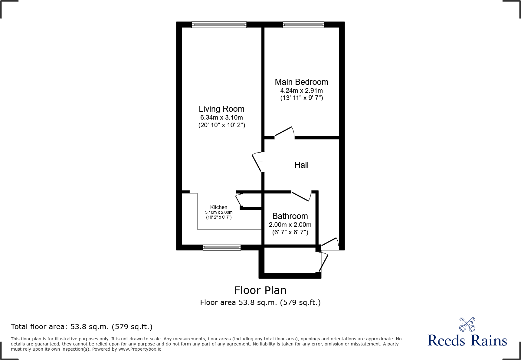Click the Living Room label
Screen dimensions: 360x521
[x=221, y=109]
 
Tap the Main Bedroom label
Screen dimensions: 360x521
[x=301, y=82]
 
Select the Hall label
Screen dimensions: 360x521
[x=301, y=165]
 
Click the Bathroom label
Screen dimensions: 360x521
[x=290, y=216]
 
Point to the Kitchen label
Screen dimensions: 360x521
[x=218, y=207]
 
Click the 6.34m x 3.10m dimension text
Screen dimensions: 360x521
[x=221, y=117]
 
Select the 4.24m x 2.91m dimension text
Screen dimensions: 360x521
[x=301, y=91]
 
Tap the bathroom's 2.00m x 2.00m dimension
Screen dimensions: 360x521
[x=290, y=225]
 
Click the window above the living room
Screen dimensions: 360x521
[x=219, y=25]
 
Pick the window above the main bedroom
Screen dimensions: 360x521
[x=303, y=25]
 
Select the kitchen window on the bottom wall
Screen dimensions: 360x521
[x=222, y=247]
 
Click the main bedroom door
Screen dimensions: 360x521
[x=284, y=132]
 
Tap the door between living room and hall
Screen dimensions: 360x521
[x=256, y=162]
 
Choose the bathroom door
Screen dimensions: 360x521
[x=301, y=196]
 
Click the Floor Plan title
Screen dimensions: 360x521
[x=260, y=290]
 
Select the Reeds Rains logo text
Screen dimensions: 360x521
[x=467, y=341]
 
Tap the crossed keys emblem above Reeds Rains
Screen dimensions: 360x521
[x=467, y=324]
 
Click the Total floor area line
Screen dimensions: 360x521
[x=82, y=327]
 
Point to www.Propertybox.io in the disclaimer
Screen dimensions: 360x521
[x=140, y=349]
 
